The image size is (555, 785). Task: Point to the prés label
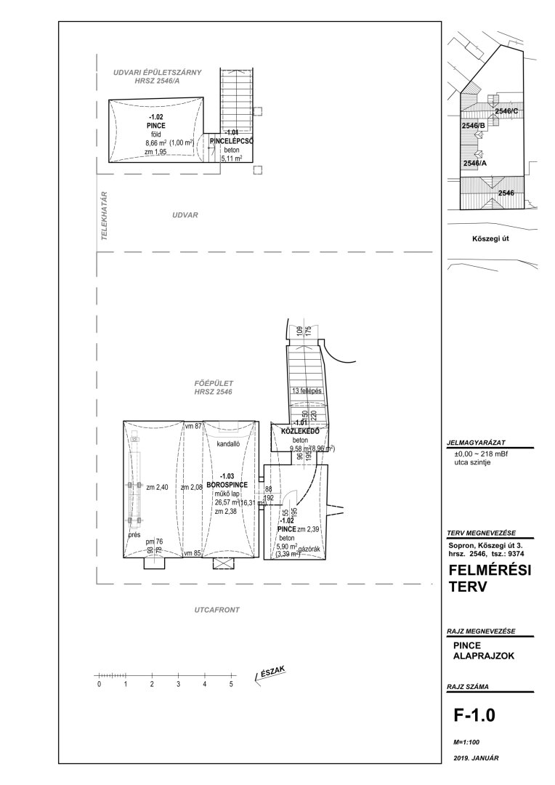click(134, 534)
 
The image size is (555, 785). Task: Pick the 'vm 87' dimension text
click(193, 426)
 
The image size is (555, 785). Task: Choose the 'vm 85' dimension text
click(193, 554)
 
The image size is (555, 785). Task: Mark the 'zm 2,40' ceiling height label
click(157, 488)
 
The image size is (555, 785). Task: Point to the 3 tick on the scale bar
click(178, 685)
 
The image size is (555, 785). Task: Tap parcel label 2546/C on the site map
click(506, 111)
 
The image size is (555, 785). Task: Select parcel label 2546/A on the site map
click(474, 164)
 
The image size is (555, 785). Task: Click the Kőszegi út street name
click(492, 238)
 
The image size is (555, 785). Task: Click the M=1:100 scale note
click(467, 742)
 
